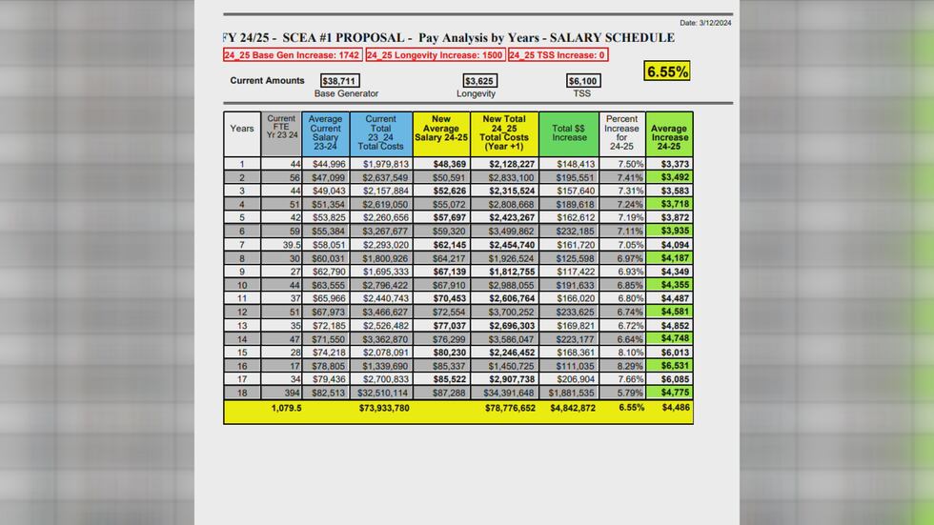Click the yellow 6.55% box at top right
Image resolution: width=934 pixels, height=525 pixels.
666,71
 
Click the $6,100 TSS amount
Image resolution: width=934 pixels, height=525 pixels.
582,82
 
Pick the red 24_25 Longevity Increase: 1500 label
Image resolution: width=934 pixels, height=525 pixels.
434,55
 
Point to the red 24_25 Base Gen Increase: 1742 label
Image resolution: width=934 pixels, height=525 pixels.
293,55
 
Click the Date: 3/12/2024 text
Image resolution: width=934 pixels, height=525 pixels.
705,22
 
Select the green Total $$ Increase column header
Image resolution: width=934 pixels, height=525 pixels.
569,132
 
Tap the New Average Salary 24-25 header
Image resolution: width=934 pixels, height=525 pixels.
441,132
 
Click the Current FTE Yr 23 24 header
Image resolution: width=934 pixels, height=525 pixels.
281,132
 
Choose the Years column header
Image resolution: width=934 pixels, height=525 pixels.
242,128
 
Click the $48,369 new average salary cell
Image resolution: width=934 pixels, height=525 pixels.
447,164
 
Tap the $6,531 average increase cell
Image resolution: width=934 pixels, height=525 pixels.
674,365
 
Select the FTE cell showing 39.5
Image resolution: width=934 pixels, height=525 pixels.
286,245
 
